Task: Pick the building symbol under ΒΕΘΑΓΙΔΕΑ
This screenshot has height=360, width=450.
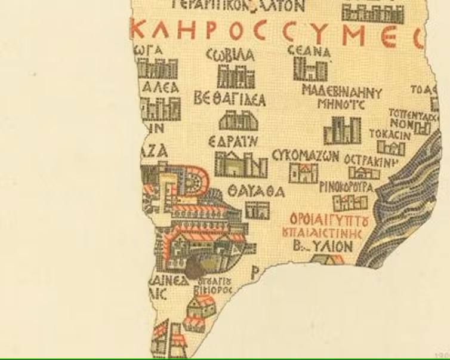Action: click(230, 122)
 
